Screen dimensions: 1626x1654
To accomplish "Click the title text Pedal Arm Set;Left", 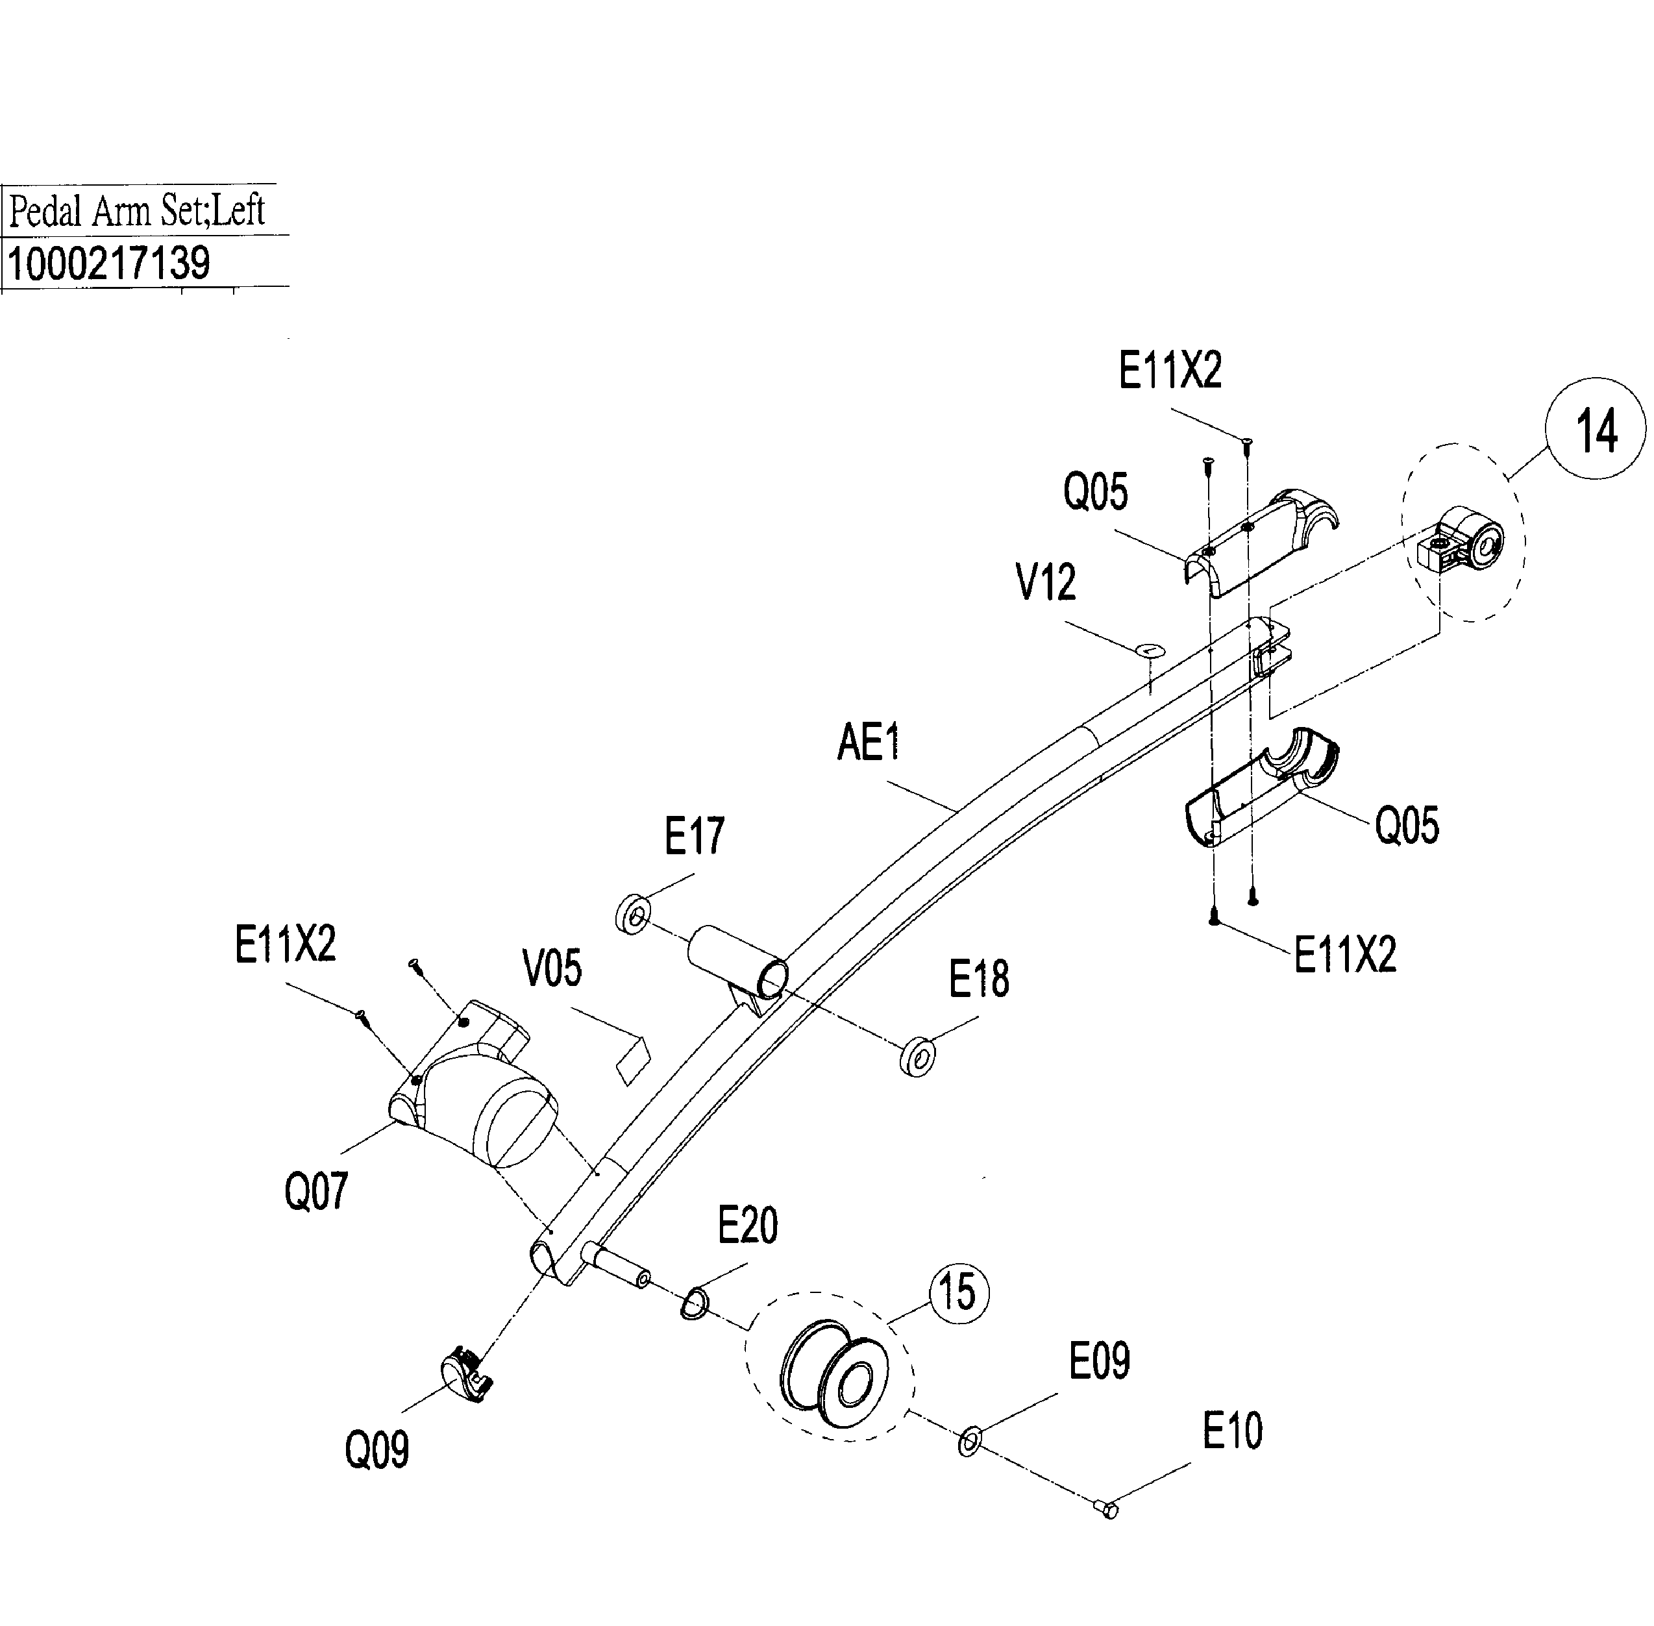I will point(136,210).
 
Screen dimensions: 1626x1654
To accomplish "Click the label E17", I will point(694,835).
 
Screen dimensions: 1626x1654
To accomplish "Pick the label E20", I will point(747,1226).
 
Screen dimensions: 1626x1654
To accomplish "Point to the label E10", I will point(1232,1431).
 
